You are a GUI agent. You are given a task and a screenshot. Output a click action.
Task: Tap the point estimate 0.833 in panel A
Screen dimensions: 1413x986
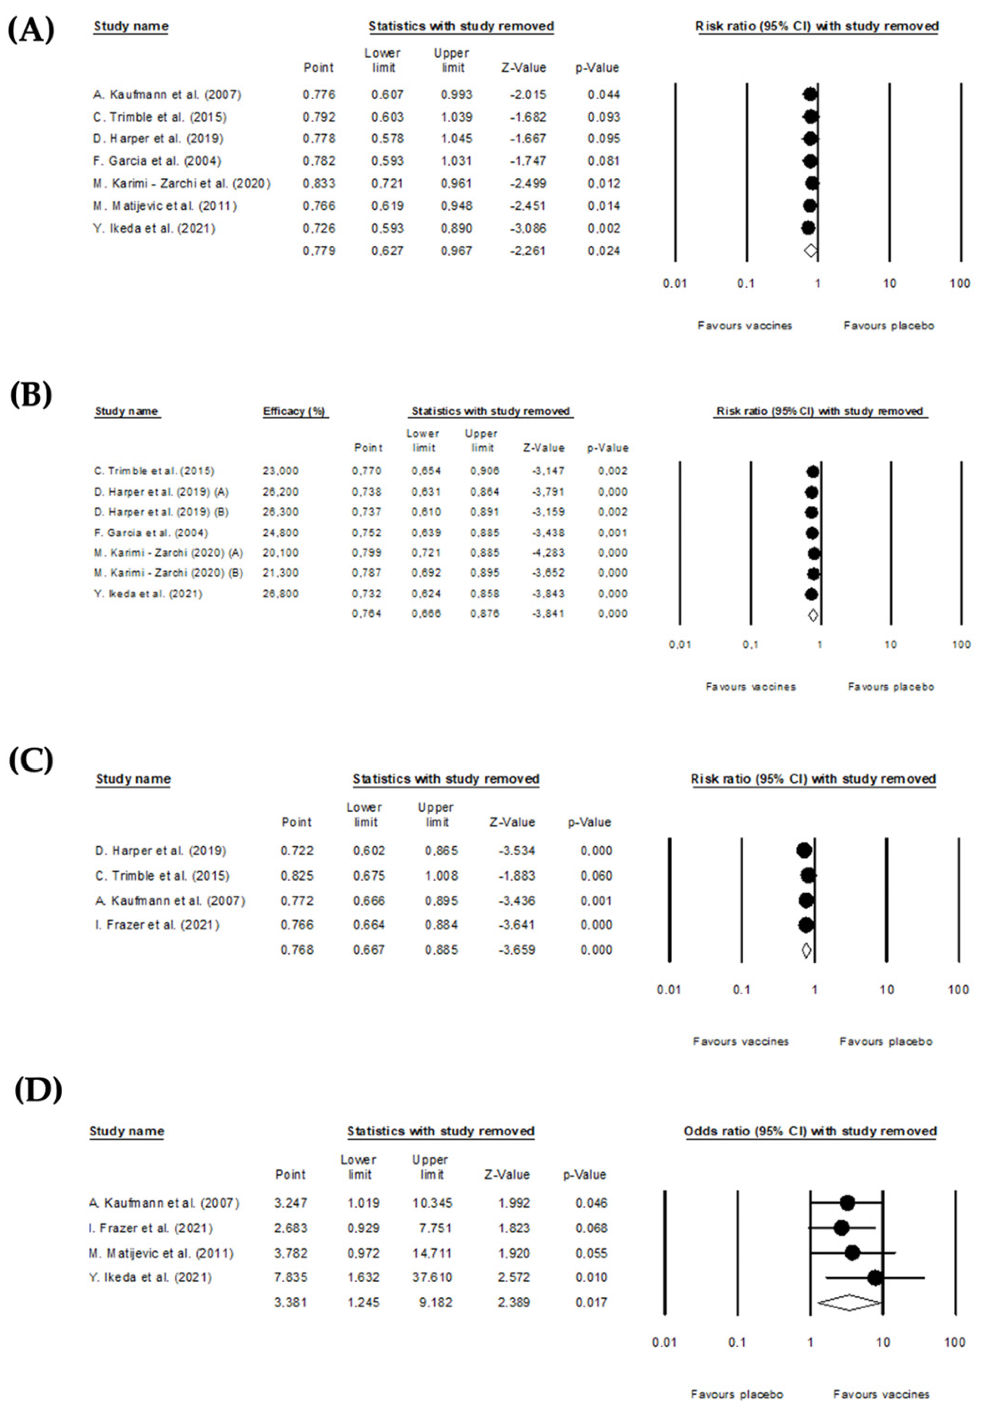[x=319, y=183]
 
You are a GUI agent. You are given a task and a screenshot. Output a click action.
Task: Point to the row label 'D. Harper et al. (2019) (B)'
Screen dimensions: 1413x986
[x=161, y=512]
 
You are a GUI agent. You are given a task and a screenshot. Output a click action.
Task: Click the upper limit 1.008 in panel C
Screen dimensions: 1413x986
[x=441, y=876]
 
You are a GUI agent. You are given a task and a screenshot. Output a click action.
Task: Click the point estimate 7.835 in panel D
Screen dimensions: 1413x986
[x=290, y=1278]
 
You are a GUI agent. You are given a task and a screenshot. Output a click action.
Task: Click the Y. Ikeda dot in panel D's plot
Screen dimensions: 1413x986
[x=874, y=1278]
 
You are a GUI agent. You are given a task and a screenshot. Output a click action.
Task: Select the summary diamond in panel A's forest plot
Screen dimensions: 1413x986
[x=810, y=251]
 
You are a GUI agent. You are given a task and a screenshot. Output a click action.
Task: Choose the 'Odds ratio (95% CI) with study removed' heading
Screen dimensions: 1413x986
[x=810, y=1131]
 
